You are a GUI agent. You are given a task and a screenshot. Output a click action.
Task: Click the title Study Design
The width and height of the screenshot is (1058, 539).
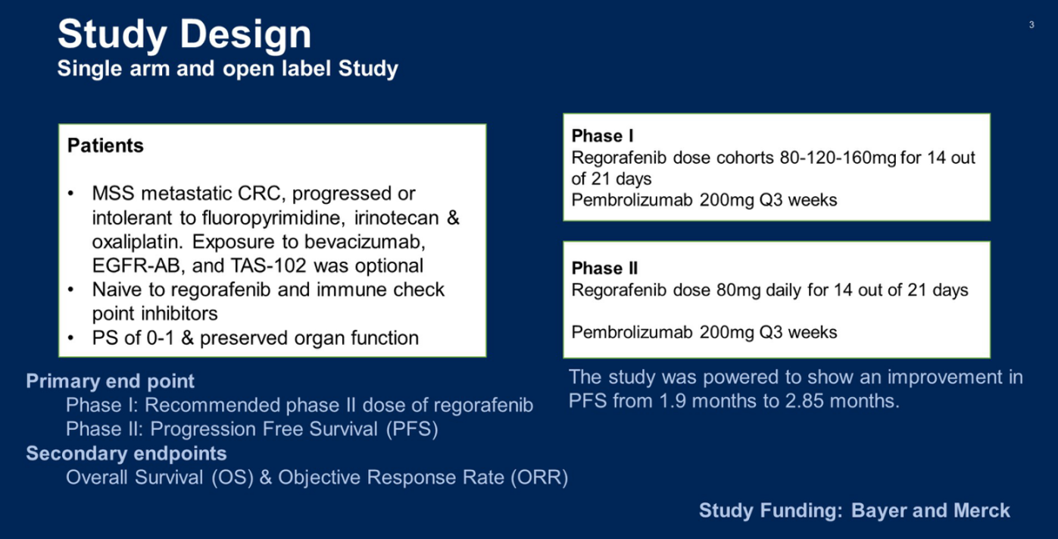(184, 35)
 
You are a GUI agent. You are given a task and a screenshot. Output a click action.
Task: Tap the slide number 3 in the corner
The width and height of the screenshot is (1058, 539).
(1031, 24)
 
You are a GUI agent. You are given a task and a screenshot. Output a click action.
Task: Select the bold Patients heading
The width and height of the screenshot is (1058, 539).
(105, 145)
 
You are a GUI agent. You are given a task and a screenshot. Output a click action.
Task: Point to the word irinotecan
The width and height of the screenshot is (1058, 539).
(396, 218)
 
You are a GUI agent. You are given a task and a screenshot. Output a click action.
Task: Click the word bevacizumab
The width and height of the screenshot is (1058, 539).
(364, 242)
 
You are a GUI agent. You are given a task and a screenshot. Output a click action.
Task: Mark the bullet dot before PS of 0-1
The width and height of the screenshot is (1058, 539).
(71, 339)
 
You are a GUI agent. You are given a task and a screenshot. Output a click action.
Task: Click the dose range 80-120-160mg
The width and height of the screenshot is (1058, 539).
(838, 158)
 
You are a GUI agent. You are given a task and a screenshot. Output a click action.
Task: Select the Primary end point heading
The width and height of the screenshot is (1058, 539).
(110, 381)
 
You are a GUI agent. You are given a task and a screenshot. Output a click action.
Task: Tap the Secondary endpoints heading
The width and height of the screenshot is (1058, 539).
(126, 453)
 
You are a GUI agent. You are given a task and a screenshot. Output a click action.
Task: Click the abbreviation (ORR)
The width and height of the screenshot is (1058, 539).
(539, 478)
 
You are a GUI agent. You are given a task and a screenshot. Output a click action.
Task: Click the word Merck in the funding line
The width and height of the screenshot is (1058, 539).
(982, 511)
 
